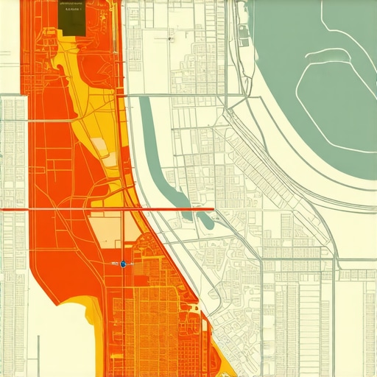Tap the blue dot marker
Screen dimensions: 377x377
click(x=123, y=263)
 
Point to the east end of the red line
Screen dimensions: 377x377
click(x=214, y=209)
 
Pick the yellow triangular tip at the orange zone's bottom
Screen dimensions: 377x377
click(x=228, y=364)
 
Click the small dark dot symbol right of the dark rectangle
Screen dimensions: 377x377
click(x=170, y=37)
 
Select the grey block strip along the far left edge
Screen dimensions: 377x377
click(x=11, y=184)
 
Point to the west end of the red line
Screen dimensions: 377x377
click(x=2, y=209)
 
